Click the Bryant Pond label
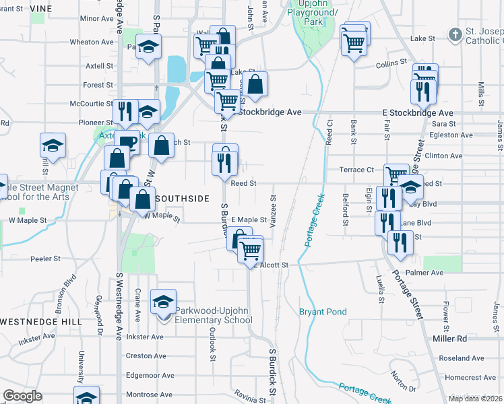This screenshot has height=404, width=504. [x=323, y=312]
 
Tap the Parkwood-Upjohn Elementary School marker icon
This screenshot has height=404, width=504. [x=162, y=302]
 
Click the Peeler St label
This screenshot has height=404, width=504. [x=46, y=259]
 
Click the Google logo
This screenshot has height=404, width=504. [x=22, y=396]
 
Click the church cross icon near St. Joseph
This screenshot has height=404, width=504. [x=456, y=34]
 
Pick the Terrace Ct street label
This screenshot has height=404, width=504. [x=356, y=170]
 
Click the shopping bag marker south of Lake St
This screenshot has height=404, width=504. [x=255, y=84]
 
